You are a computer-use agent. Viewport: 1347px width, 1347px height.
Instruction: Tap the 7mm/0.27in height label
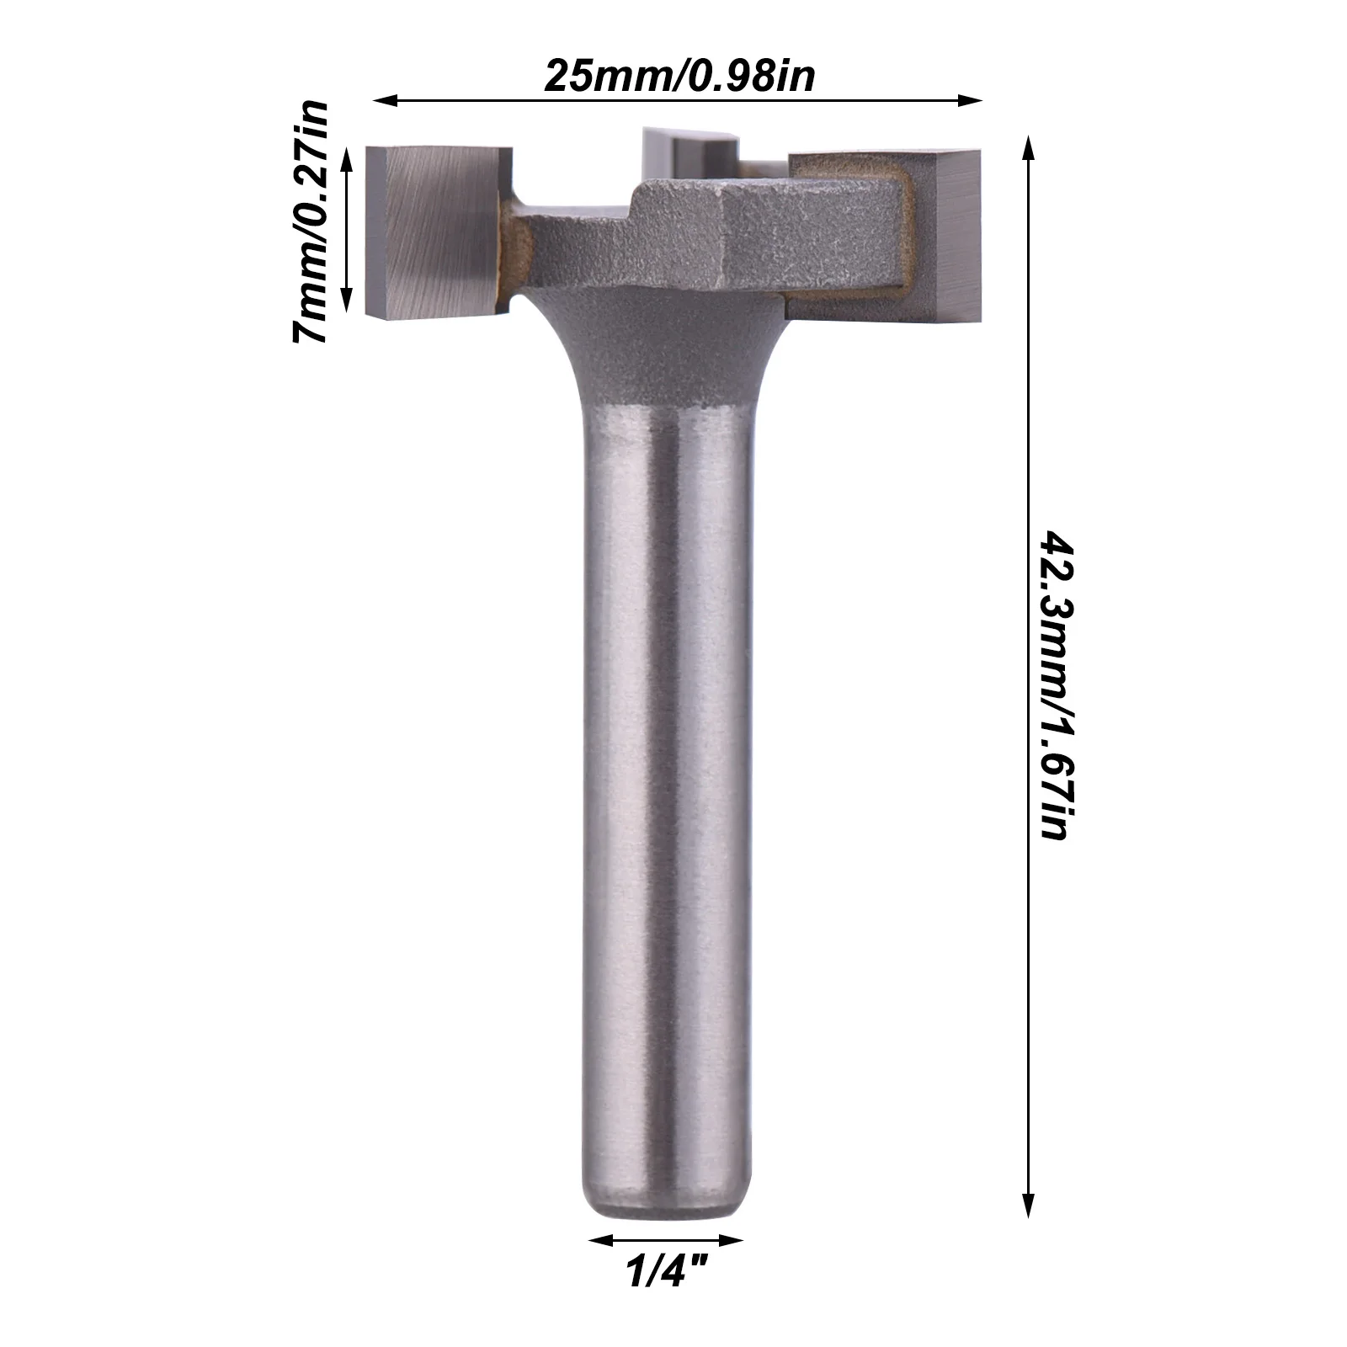coord(308,221)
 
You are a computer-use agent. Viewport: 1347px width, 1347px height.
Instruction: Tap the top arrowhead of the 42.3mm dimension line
coord(1027,149)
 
